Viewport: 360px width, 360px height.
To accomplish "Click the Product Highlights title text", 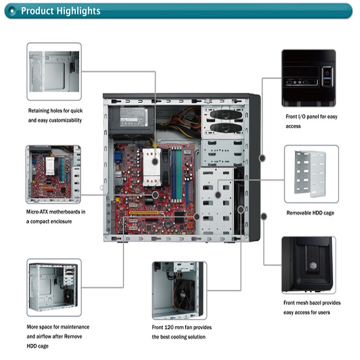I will pyautogui.click(x=60, y=11).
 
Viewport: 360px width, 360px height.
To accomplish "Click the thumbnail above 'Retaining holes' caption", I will pyautogui.click(x=54, y=72).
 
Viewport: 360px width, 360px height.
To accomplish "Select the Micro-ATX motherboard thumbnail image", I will pyautogui.click(x=53, y=174).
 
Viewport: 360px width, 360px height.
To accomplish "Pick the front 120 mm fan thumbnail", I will pyautogui.click(x=179, y=290).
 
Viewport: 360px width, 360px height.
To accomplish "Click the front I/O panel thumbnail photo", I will pyautogui.click(x=308, y=78).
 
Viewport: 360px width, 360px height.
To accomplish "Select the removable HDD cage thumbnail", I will pyautogui.click(x=311, y=174).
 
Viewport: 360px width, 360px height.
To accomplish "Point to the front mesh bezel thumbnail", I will pyautogui.click(x=309, y=264).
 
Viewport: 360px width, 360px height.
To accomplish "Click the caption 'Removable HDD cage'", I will pyautogui.click(x=310, y=213).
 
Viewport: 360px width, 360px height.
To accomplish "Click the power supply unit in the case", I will pyautogui.click(x=130, y=118).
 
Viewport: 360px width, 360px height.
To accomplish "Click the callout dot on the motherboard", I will pyautogui.click(x=155, y=195).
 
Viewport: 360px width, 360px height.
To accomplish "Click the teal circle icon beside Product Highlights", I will pyautogui.click(x=13, y=11).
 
